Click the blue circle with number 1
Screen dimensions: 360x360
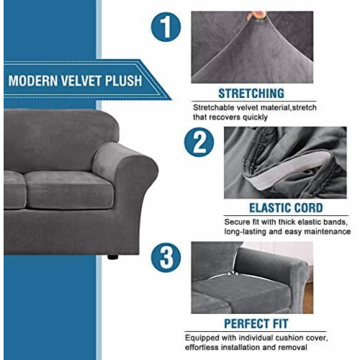pos(166,27)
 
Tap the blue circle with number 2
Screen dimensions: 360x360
pos(199,142)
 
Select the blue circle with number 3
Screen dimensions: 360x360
pos(166,258)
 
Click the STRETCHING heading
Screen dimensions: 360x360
pos(251,94)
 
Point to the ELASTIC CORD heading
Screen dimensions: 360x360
pos(286,208)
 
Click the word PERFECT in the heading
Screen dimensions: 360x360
pos(246,323)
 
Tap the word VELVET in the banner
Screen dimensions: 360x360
pos(81,81)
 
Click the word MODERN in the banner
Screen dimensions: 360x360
pos(33,81)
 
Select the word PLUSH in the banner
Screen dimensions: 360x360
pos(123,81)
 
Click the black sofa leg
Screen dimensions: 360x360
pos(113,257)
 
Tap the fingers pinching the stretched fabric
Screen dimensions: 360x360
pos(257,15)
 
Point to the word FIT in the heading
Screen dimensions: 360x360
pos(280,323)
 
